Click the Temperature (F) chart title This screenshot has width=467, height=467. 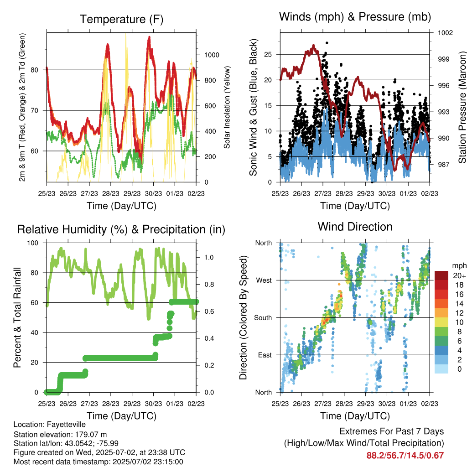(121, 19)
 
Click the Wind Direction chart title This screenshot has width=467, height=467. (355, 227)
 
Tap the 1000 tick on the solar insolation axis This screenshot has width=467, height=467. (212, 55)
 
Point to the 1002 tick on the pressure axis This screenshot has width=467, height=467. (445, 32)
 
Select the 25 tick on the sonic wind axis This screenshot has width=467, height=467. (268, 55)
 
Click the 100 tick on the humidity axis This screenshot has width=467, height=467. (33, 243)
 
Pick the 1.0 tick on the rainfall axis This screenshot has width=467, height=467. (209, 257)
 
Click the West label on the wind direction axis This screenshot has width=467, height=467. (264, 280)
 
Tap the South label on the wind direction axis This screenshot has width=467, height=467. (263, 318)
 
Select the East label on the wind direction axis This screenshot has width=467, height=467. (265, 355)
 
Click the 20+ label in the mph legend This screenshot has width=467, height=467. (459, 275)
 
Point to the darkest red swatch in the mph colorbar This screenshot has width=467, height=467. (441, 275)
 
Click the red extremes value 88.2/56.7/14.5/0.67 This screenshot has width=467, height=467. (405, 456)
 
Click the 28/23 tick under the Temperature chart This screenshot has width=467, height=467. (110, 193)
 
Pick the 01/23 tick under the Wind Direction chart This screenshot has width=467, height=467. (408, 404)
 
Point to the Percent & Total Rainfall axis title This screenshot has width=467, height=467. (17, 317)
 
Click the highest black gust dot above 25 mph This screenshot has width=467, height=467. (327, 43)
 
